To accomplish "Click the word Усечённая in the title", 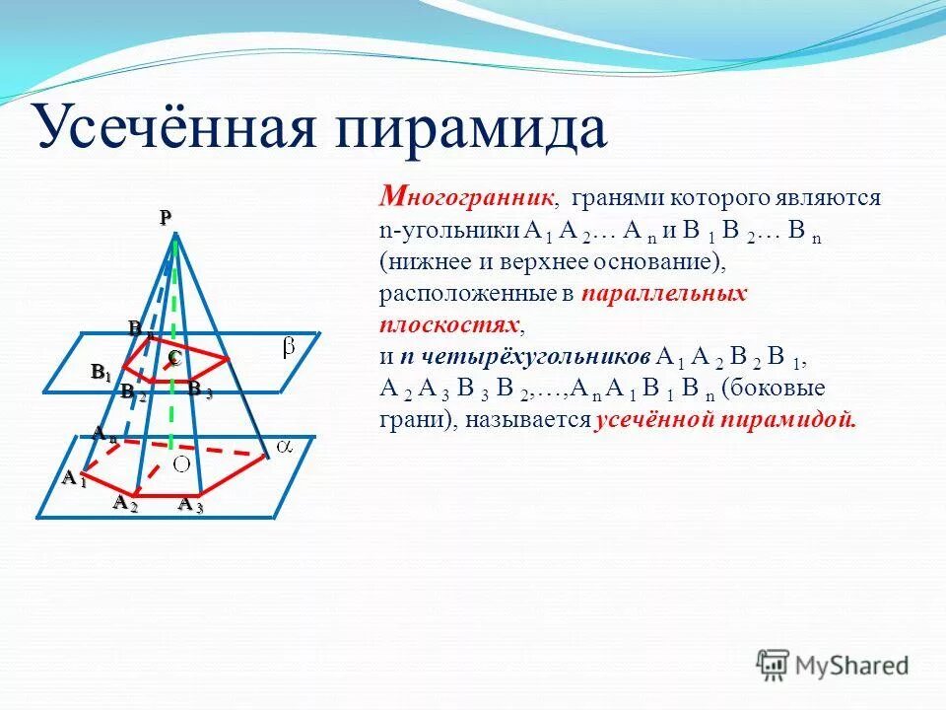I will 187,127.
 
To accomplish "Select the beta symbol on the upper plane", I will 289,347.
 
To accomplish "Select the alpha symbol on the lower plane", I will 285,447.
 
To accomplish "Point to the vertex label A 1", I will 74,479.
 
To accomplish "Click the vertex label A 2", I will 124,503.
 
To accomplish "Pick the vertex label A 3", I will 190,505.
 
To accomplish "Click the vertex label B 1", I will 101,372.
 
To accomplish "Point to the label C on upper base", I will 173,359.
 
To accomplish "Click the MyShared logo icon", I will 773,664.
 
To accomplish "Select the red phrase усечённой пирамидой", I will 726,419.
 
